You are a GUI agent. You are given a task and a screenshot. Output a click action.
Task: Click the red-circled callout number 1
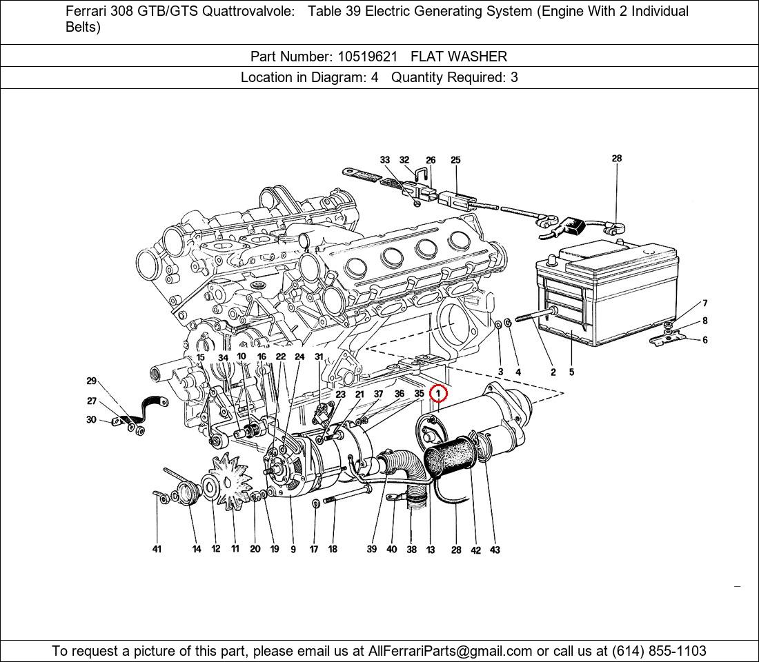click(x=438, y=394)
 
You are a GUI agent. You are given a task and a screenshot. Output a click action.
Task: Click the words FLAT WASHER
click(x=459, y=57)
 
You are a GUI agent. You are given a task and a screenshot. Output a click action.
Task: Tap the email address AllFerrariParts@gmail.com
click(x=451, y=651)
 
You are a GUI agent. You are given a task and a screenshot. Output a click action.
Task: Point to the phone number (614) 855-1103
click(x=659, y=651)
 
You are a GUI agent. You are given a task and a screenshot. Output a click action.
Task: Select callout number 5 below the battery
click(x=572, y=372)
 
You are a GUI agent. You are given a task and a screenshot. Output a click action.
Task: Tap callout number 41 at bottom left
click(x=157, y=549)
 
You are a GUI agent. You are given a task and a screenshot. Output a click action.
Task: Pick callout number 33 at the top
click(x=385, y=160)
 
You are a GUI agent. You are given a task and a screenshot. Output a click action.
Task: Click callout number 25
click(x=455, y=160)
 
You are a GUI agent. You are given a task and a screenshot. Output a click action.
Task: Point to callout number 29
click(x=92, y=381)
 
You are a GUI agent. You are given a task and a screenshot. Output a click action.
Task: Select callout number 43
click(x=495, y=550)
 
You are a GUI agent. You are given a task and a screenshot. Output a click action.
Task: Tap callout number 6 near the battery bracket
click(x=704, y=340)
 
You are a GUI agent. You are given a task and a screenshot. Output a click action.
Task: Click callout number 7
click(x=705, y=303)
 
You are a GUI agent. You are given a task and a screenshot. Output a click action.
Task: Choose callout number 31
click(x=319, y=357)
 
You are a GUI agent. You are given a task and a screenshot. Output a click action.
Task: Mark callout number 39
click(x=372, y=549)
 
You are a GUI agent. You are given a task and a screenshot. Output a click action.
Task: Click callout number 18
click(x=333, y=549)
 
